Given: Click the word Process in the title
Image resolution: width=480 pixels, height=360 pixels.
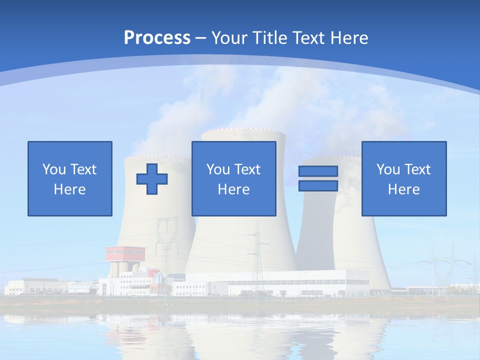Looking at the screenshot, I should point(157,37).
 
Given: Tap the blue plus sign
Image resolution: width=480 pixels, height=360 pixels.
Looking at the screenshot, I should point(152,178).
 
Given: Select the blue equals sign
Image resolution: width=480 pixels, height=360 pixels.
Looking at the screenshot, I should point(318,178).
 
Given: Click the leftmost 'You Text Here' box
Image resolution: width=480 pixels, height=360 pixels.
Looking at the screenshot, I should point(70,178).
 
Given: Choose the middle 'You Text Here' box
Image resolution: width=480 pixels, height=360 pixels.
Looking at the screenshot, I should point(234,178).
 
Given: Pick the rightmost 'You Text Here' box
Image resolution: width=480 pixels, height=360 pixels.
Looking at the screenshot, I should point(404,178).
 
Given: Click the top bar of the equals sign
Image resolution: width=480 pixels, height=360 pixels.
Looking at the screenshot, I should point(318,171).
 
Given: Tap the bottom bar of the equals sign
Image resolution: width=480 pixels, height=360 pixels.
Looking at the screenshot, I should point(318,185).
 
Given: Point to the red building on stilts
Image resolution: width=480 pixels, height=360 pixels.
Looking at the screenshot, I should point(125,253).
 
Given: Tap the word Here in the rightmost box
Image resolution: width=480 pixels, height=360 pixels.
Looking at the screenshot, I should point(404,189).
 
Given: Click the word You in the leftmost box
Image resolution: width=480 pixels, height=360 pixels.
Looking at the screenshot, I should point(54,169).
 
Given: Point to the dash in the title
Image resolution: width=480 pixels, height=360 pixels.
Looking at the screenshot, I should point(200,38).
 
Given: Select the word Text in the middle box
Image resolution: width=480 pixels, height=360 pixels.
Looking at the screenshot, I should point(247,169).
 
